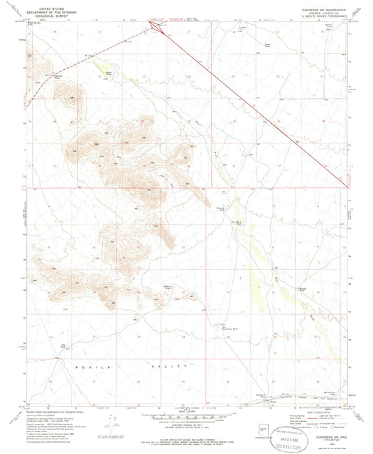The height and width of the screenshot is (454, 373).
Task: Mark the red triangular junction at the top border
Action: pyautogui.click(x=153, y=25)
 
